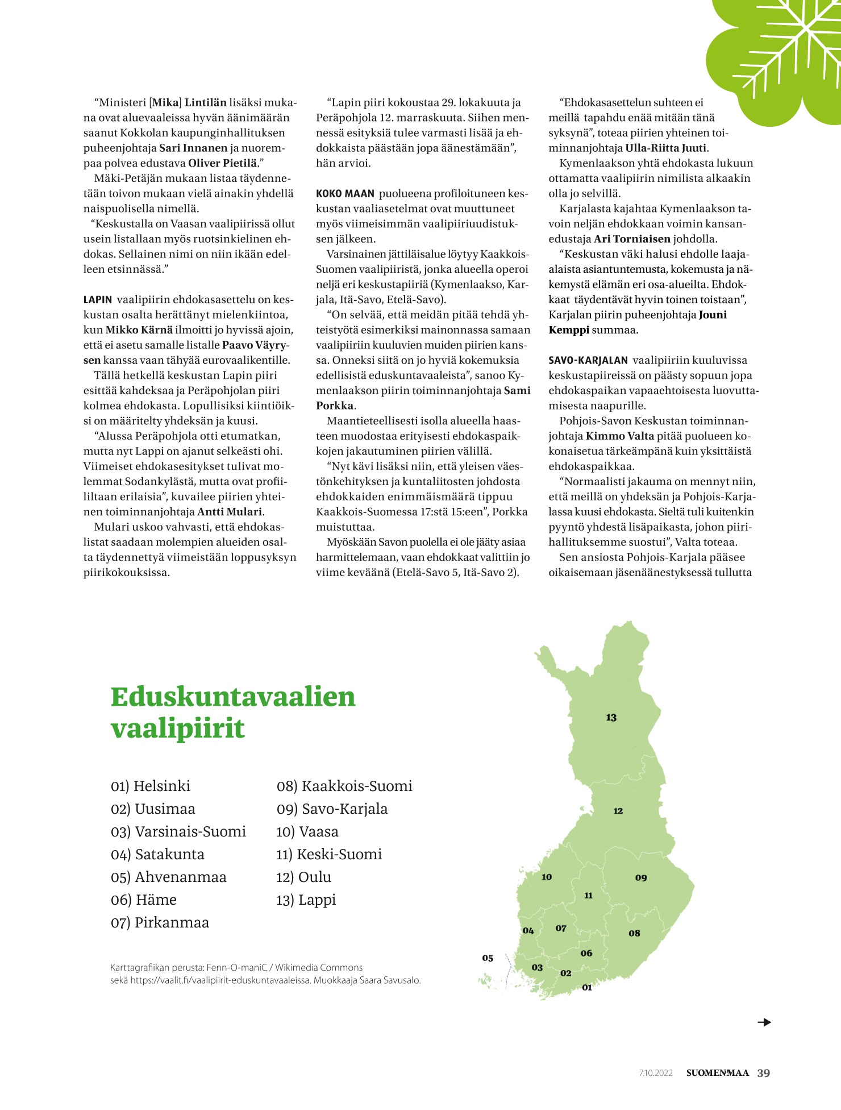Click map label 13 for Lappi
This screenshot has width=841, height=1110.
point(611,718)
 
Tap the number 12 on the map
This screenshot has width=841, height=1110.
point(618,811)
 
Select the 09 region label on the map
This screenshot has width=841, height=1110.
point(641,878)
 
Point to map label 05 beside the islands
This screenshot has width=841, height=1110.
point(488,958)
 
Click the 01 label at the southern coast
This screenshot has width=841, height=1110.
point(587,988)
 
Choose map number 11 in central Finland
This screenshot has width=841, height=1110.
point(588,896)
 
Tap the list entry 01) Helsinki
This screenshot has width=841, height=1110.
point(151,786)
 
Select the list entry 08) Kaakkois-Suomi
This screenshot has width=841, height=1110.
point(344,786)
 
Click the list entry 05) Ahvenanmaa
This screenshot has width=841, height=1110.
point(168,877)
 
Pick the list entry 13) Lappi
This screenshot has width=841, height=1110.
point(306,900)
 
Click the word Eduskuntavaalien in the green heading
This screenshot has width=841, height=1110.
point(233,697)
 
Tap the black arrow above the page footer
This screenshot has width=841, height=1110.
point(764,1022)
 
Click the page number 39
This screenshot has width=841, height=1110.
point(764,1073)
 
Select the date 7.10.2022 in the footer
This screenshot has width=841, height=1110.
point(656,1074)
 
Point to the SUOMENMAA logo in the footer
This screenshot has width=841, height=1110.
point(717,1073)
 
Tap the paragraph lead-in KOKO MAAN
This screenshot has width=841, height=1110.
point(345,194)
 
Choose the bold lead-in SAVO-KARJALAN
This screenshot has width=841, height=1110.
point(588,361)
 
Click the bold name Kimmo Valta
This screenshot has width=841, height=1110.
point(620,436)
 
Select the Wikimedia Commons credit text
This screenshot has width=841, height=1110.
point(319,967)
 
